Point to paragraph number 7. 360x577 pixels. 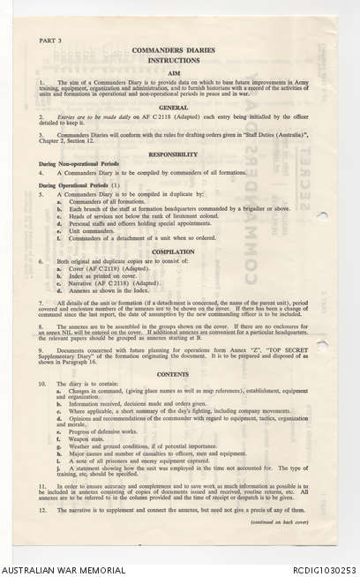[x=41, y=303]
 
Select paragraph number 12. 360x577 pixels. [x=42, y=511]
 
